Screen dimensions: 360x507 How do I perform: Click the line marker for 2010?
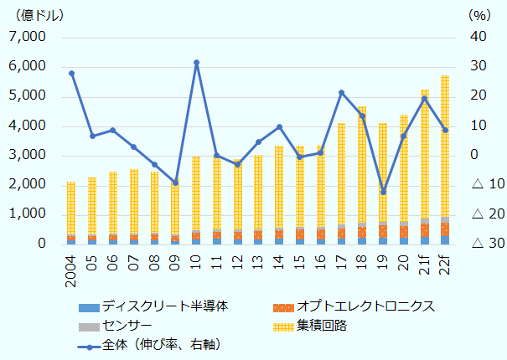tap(196, 63)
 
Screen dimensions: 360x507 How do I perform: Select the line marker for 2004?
tap(71, 74)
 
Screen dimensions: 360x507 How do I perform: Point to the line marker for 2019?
tap(383, 193)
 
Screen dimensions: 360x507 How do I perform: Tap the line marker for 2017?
tap(342, 93)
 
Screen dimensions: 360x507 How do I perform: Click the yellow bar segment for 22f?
tap(445, 147)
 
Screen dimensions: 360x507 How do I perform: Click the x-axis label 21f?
tap(425, 261)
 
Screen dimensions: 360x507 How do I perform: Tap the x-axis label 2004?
tap(71, 267)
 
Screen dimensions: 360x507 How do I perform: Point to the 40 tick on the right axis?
tap(478, 38)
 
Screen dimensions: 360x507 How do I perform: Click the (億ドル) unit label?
tap(32, 15)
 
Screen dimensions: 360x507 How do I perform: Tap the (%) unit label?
tap(477, 15)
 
